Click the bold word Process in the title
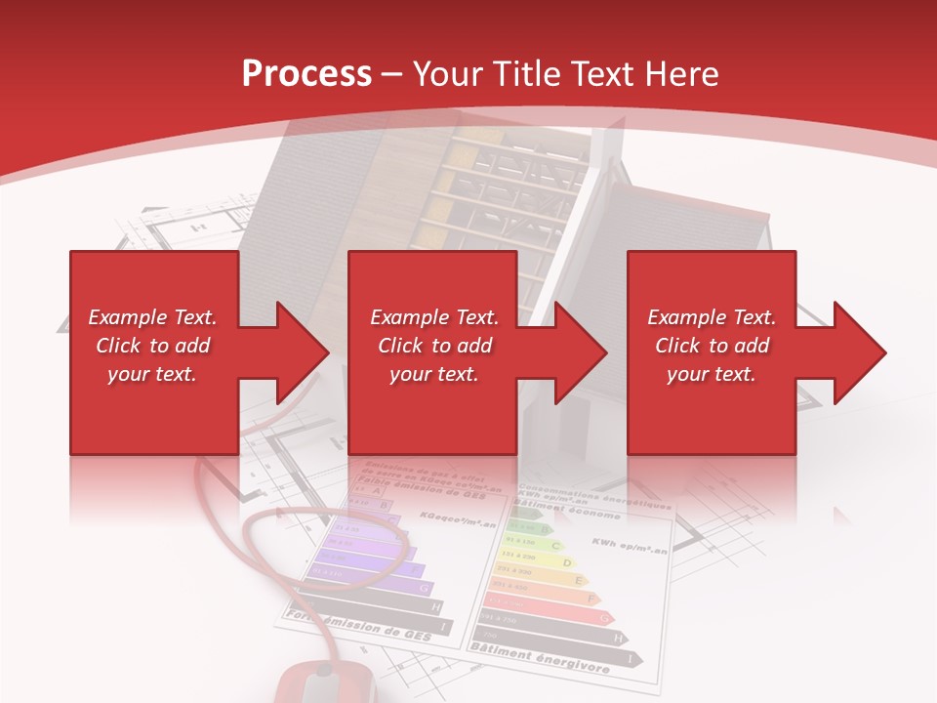pos(306,74)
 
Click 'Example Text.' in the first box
pos(152,317)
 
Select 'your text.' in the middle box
pos(433,374)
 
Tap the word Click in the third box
pos(678,346)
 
